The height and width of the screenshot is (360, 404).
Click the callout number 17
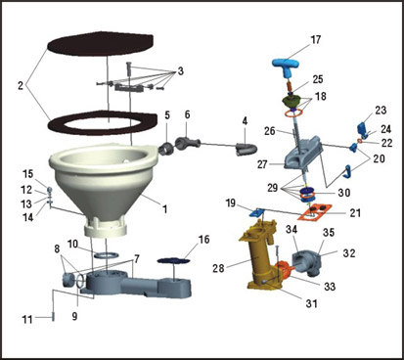pos(315,40)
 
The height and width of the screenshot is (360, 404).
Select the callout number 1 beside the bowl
pos(165,209)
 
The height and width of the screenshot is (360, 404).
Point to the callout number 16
pos(202,239)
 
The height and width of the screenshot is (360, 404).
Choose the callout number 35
pos(329,234)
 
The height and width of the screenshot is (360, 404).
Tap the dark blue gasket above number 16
pos(175,258)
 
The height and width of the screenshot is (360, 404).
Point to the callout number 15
pos(28,174)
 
